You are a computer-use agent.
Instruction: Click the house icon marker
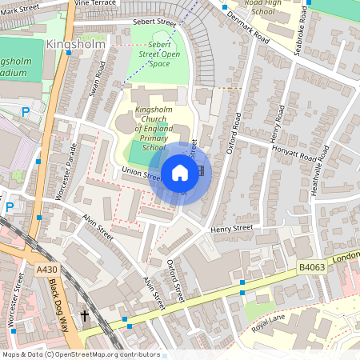180,173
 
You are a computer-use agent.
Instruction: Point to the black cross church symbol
85,316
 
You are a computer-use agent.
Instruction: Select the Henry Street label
231,229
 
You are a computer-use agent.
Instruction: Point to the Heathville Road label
323,169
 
